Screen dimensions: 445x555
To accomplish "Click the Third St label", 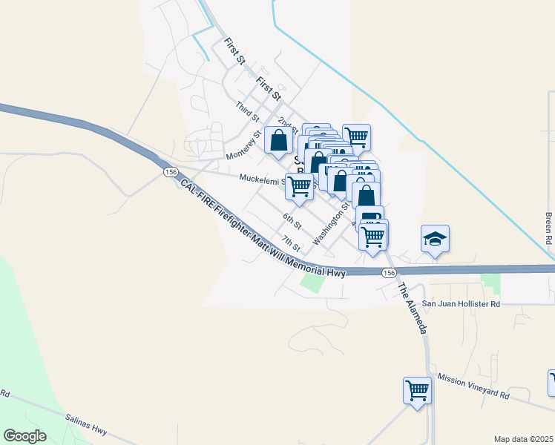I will [247, 112].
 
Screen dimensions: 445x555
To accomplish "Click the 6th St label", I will [292, 220].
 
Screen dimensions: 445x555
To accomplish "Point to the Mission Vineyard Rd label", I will [473, 383].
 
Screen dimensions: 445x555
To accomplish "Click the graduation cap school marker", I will [435, 239].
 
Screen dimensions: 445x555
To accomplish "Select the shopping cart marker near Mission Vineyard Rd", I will [418, 389].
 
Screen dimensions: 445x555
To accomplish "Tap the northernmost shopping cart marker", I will [356, 136].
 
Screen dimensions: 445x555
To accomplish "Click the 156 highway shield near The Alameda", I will [390, 273].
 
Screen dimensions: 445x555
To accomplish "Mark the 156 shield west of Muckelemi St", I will [171, 172].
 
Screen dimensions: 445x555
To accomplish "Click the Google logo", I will [24, 435].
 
